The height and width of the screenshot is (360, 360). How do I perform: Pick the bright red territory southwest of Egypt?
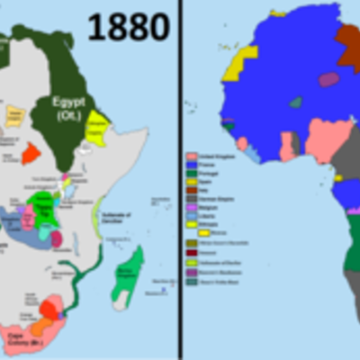pos(31,153)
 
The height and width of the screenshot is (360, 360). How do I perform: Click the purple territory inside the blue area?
pos(329,79)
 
